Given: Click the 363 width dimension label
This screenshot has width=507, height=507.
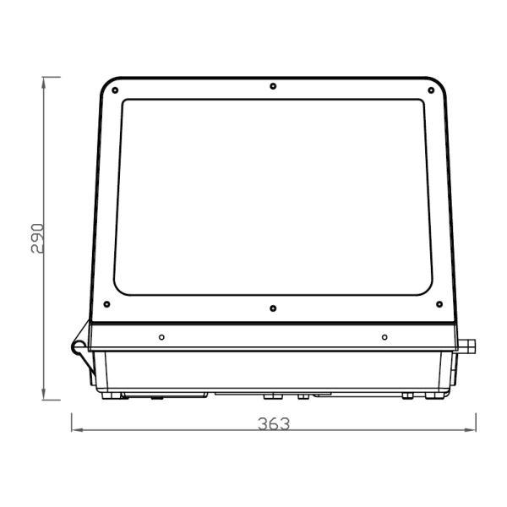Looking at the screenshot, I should [x=273, y=423].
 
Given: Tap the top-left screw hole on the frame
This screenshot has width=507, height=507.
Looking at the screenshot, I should [x=116, y=90].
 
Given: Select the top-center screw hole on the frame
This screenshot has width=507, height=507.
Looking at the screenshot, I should [x=272, y=85].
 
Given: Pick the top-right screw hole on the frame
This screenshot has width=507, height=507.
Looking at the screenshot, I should [x=428, y=90].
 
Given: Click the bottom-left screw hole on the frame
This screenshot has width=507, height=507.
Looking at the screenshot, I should [x=106, y=304].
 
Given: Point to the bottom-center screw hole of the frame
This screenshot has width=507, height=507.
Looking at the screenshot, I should [x=272, y=308].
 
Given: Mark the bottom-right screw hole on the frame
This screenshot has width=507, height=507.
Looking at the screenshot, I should [x=439, y=304].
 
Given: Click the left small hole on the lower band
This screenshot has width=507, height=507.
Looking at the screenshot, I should [x=161, y=337].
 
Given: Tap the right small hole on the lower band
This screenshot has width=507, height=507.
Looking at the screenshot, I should [x=384, y=337].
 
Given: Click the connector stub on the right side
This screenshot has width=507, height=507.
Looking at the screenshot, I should [x=466, y=346].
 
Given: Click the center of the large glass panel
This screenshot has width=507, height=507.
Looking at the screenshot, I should [x=272, y=197].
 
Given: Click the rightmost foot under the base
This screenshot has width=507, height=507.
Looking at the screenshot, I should [x=439, y=395].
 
